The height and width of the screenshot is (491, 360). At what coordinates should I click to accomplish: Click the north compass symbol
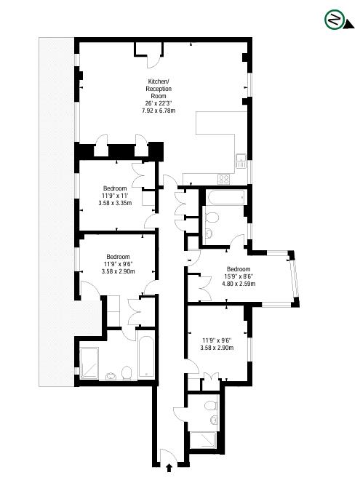coord(335,20)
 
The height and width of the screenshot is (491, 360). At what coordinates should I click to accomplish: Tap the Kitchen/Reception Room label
coord(159,89)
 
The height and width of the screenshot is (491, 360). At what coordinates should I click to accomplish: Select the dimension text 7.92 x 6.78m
coord(159,111)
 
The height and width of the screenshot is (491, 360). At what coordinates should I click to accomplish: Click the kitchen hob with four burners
coord(224,179)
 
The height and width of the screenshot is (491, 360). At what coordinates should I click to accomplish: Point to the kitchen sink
coord(241,161)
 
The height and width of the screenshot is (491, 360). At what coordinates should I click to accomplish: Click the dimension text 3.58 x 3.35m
coord(115,203)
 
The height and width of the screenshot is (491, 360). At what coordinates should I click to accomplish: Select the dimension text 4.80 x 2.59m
coord(239,284)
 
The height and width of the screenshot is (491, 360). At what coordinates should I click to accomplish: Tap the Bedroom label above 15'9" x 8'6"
coord(239,269)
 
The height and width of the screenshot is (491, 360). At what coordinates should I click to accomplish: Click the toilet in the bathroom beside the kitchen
coord(212,217)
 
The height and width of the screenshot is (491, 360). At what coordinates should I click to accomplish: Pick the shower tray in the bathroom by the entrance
coord(203,440)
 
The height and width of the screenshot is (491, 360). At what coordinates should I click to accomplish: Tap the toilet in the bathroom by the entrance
coord(211,406)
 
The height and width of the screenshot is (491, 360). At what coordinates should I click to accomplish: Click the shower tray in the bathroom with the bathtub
coord(89,363)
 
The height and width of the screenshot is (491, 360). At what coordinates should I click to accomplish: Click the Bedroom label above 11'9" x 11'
coord(115,188)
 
